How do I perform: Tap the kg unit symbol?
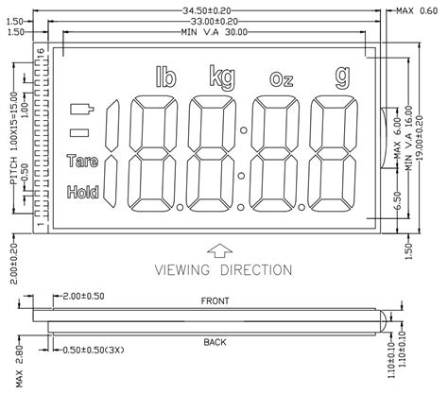pos(222,76)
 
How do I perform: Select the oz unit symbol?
pos(281,77)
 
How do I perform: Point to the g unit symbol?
pos(339,76)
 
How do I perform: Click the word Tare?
pos(82,162)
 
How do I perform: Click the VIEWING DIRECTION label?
pos(223,270)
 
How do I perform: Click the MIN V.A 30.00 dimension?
pos(213,31)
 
